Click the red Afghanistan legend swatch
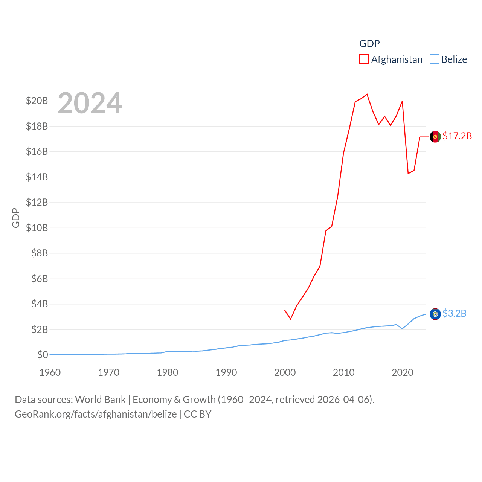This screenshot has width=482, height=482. point(364,59)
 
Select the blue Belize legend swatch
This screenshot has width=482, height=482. point(435,59)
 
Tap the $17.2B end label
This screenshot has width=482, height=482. point(457,136)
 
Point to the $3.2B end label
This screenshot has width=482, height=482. point(455,313)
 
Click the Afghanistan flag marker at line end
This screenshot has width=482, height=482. point(435,137)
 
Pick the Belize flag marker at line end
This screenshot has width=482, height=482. point(435,314)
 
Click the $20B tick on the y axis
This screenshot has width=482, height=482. point(37,101)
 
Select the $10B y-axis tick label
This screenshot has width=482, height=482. point(37,228)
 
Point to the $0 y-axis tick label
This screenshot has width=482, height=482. point(43,355)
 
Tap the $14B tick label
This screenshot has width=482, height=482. point(37,177)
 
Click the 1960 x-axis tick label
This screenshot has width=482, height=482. point(50,373)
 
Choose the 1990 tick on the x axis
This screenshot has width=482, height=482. point(226,373)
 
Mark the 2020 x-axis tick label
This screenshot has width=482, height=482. point(403,373)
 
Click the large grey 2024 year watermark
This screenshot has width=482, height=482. point(90,103)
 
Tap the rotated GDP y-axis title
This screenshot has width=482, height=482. point(16,218)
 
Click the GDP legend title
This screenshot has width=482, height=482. point(369,44)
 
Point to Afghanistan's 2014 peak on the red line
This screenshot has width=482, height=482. point(367,94)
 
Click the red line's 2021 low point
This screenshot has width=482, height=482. point(408,173)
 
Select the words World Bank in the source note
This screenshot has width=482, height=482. point(100,400)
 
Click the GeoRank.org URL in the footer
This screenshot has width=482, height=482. point(96,414)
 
